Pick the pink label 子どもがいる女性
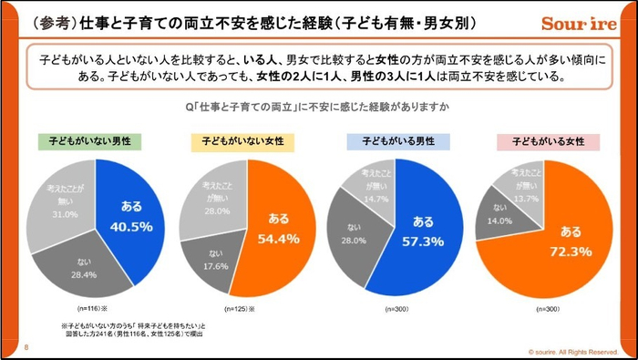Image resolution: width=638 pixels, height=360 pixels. (547, 143)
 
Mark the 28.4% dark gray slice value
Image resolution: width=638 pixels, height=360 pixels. (85, 273)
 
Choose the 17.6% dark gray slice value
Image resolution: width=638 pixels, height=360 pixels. (214, 267)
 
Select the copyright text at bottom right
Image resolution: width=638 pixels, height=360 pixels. (573, 351)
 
